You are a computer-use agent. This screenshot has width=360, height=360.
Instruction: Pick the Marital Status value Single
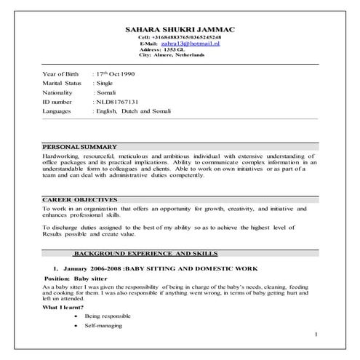coord(106,84)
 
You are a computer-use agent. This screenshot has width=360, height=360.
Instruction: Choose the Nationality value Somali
coord(108,93)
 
